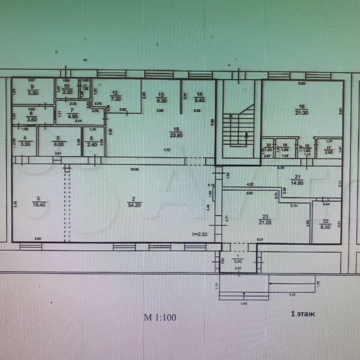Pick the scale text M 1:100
coord(160,317)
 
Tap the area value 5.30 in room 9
coord(31,93)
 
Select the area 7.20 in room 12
coord(115,99)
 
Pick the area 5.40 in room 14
coord(200,100)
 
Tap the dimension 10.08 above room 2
coord(134,170)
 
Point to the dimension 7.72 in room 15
coord(166,149)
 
